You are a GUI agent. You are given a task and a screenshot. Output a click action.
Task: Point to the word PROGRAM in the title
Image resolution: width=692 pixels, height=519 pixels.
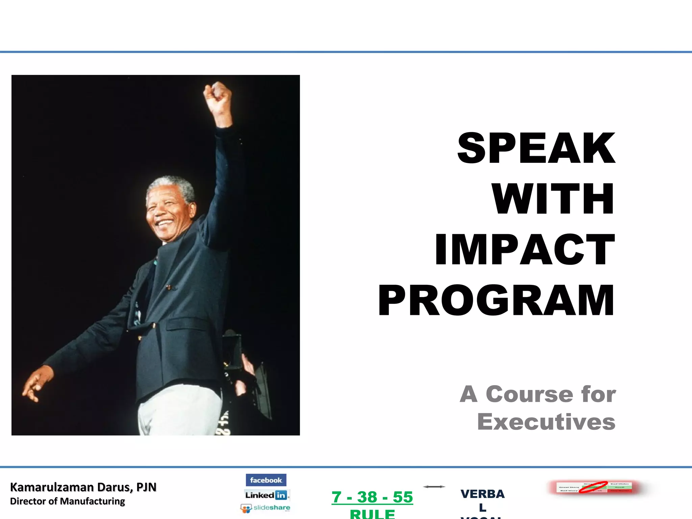(x=496, y=300)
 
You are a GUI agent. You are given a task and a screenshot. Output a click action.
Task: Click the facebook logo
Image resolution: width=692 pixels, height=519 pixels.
(x=266, y=480)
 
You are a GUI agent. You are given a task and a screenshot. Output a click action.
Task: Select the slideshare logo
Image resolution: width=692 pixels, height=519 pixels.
(x=266, y=508)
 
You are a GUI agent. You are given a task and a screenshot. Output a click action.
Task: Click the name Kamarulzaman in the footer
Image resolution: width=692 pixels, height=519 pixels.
(x=52, y=487)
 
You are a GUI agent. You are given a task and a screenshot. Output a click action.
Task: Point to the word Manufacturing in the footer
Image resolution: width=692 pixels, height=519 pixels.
(x=92, y=501)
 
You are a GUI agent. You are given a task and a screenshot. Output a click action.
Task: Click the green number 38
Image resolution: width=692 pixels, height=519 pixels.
(x=367, y=497)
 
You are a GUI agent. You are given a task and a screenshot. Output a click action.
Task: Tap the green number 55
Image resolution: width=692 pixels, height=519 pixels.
(x=403, y=497)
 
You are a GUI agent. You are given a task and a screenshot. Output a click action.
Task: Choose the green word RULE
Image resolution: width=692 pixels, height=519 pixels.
(x=372, y=514)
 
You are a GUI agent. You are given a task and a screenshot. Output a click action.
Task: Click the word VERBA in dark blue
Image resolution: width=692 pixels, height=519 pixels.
(x=483, y=494)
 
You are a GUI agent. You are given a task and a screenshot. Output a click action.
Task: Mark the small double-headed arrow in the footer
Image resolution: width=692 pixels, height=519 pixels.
(x=434, y=487)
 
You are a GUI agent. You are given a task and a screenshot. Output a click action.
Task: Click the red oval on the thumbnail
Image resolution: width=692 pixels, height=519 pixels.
(x=593, y=487)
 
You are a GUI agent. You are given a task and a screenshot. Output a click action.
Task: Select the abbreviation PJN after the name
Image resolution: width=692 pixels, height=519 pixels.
(x=146, y=487)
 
